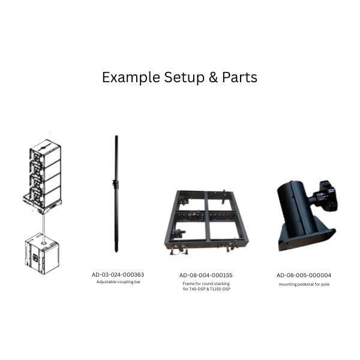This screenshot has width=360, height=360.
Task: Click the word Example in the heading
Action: click(131, 77)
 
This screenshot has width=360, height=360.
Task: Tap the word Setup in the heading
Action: click(184, 77)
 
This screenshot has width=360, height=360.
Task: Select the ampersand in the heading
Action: click(213, 77)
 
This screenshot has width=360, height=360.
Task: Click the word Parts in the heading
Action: click(239, 77)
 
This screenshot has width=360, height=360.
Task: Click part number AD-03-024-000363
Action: click(118, 275)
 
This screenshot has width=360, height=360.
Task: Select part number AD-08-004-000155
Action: click(206, 275)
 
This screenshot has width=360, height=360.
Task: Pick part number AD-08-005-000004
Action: click(304, 275)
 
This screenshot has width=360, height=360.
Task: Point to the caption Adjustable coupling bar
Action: click(118, 282)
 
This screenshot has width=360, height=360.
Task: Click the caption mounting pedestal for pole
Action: click(304, 284)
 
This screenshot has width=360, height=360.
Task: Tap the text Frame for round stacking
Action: click(206, 284)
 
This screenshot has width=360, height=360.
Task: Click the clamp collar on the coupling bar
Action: click(115, 183)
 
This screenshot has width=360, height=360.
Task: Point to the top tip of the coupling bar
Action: click(116, 136)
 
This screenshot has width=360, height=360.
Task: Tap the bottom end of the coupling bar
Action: click(116, 251)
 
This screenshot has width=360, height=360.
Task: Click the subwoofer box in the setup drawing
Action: click(42, 254)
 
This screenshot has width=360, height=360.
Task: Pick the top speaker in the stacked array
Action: click(45, 152)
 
